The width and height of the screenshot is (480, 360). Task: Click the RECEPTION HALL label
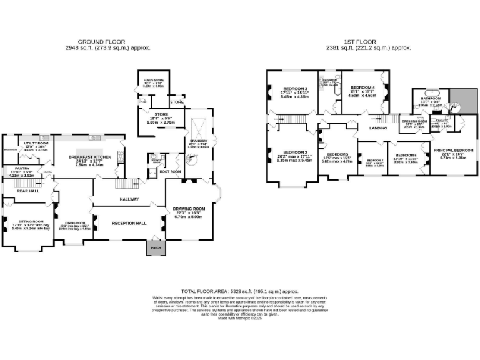click(x=129, y=223)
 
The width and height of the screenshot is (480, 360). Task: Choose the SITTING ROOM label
click(x=29, y=221)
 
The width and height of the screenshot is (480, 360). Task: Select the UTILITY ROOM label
click(x=36, y=143)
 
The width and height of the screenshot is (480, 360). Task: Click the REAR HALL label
click(x=28, y=191)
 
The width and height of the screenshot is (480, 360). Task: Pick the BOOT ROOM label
click(x=171, y=171)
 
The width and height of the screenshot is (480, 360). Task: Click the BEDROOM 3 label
click(x=295, y=89)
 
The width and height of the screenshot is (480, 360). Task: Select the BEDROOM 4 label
click(x=362, y=87)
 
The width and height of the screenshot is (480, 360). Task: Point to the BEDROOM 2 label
click(x=294, y=152)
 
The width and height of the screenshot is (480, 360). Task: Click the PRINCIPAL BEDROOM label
click(x=453, y=151)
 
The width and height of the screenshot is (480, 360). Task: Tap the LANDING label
click(x=379, y=128)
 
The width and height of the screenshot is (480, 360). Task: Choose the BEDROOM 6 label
click(x=406, y=155)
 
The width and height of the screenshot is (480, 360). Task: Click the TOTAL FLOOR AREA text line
click(x=239, y=292)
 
